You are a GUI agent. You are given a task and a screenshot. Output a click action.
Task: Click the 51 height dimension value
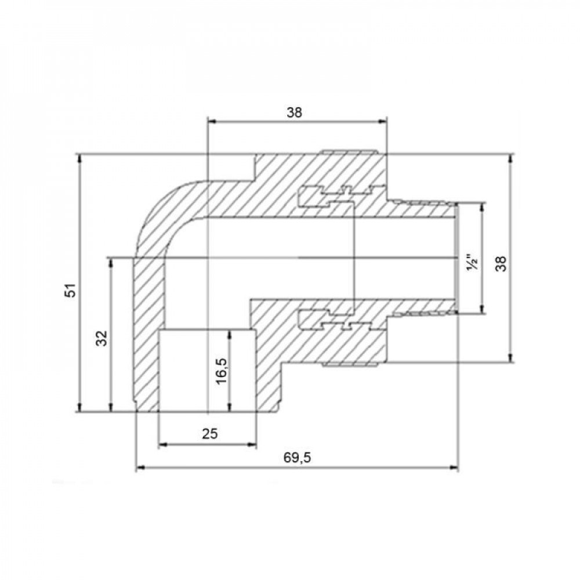[70, 291]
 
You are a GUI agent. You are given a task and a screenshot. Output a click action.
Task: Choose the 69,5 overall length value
[298, 458]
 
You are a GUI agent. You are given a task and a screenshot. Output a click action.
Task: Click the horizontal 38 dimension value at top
[295, 113]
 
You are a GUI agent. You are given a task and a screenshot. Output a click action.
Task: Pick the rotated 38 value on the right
[502, 264]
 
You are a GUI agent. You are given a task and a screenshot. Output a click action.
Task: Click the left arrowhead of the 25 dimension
[162, 445]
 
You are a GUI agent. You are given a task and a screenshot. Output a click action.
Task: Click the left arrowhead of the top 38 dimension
[211, 121]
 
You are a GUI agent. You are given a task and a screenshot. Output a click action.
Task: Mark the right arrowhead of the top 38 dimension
[383, 121]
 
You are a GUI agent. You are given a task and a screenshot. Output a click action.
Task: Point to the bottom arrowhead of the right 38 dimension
[510, 358]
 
